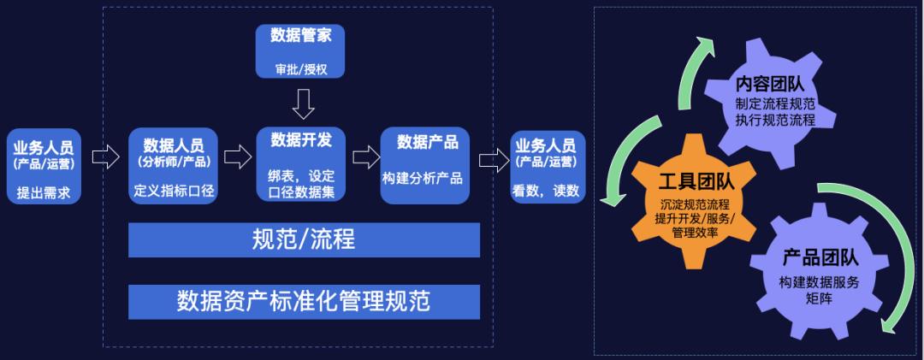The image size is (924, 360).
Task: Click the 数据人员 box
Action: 174,166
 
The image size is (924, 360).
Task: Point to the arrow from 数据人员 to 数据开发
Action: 237,156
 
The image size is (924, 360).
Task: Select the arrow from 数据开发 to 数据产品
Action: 366,156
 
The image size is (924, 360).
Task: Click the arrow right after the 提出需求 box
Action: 104,156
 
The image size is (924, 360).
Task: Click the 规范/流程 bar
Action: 304,240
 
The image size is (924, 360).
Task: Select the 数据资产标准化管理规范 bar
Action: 304,301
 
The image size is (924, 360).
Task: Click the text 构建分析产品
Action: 423,179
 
